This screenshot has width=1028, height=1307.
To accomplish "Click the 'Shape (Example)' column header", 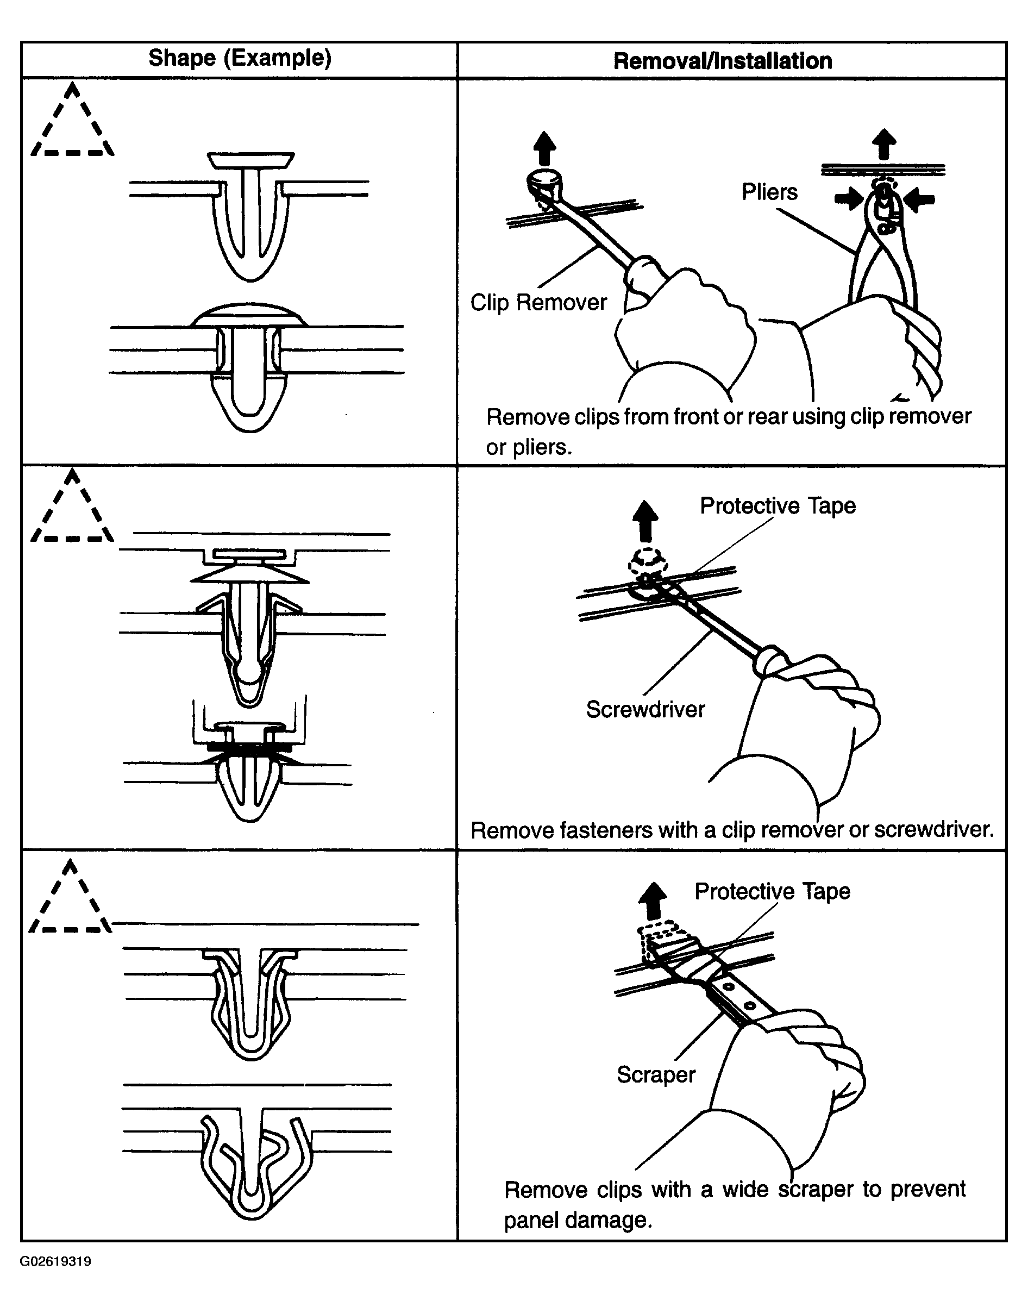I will pos(240,58).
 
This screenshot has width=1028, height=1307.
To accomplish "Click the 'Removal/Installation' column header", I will pos(722,61).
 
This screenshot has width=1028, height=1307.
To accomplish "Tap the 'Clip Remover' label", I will pos(538,302).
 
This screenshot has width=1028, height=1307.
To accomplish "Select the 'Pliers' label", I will pos(769,192).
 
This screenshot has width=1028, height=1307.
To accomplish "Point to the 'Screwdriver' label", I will pos(645,710).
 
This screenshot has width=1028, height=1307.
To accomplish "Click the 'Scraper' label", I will pos(655,1074).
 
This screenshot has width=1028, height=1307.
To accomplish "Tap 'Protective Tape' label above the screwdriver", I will pos(777,506).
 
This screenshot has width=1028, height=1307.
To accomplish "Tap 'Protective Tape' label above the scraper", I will pos(772,891).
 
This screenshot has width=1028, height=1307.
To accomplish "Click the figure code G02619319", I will pos(55,1262).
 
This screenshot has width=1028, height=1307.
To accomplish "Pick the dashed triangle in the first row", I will pos(72,123).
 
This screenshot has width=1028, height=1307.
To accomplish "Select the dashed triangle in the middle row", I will pos(72,509).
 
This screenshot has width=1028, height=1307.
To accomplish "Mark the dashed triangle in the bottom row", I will pos(71,900).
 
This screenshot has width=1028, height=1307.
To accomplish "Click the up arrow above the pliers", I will pos(883,145).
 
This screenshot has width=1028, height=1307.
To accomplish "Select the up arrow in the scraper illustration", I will pos(653,900).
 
